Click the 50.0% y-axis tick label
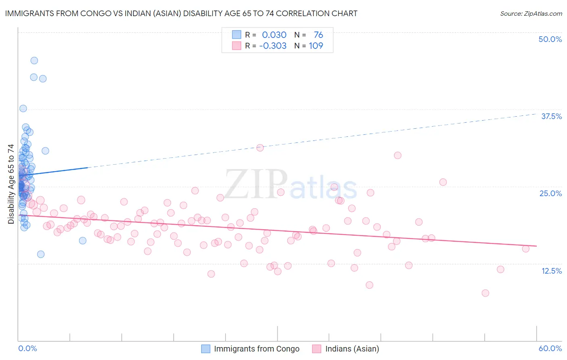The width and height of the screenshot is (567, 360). tap(550, 39)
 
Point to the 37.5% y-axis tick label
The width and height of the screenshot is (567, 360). tap(551, 116)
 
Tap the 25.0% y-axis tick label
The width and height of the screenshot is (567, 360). tap(550, 193)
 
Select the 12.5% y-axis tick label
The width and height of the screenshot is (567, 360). tap(551, 271)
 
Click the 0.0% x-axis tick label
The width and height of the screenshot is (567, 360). tap(27, 348)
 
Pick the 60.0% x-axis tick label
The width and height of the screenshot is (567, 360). tap(550, 348)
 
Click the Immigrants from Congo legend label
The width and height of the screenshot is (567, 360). tap(256, 349)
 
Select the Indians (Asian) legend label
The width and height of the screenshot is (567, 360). tap(352, 349)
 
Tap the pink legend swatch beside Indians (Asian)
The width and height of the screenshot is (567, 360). tap(317, 349)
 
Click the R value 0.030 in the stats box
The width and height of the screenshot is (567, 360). tap(274, 35)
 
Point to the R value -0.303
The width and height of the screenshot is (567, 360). tap(273, 46)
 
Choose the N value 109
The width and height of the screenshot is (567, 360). tap(316, 46)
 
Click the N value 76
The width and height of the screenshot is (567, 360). tap(318, 35)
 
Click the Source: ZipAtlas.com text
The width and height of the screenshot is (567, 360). tap(531, 14)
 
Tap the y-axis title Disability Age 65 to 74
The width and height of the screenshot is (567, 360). tap(11, 184)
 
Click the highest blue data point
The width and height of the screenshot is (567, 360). tap(34, 61)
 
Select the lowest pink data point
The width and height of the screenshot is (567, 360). tap(485, 293)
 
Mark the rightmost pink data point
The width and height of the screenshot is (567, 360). tap(525, 249)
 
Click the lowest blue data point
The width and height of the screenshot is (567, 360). tap(41, 254)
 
